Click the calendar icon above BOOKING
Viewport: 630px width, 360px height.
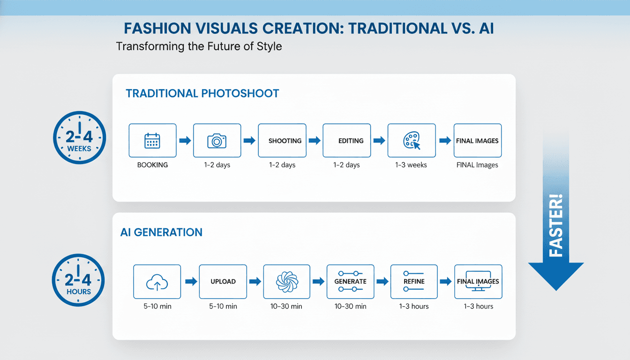[152, 141]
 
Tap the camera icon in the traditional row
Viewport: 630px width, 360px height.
[217, 141]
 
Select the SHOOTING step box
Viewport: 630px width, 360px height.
[282, 141]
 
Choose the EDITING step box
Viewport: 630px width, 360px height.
[346, 141]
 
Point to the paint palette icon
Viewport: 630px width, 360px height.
[411, 141]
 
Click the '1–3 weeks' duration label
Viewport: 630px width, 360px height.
[411, 165]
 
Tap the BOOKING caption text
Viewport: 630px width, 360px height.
[152, 165]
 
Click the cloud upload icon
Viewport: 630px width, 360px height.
[157, 282]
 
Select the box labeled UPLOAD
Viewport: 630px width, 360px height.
[223, 282]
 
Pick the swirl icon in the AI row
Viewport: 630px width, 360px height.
[287, 282]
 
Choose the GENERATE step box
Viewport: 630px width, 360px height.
[350, 282]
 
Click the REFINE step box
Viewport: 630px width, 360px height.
[414, 282]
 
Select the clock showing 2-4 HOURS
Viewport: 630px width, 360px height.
[78, 281]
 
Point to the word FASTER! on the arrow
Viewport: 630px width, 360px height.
[555, 225]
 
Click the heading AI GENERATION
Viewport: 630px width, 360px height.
[161, 232]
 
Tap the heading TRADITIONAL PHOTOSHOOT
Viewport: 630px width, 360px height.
[202, 93]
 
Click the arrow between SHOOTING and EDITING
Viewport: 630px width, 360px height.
[314, 141]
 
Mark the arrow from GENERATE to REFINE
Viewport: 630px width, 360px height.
[382, 282]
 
